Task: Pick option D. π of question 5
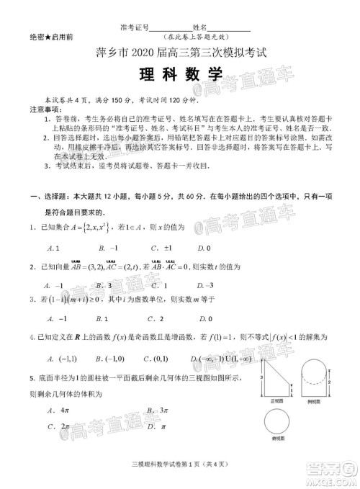point(156,426)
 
